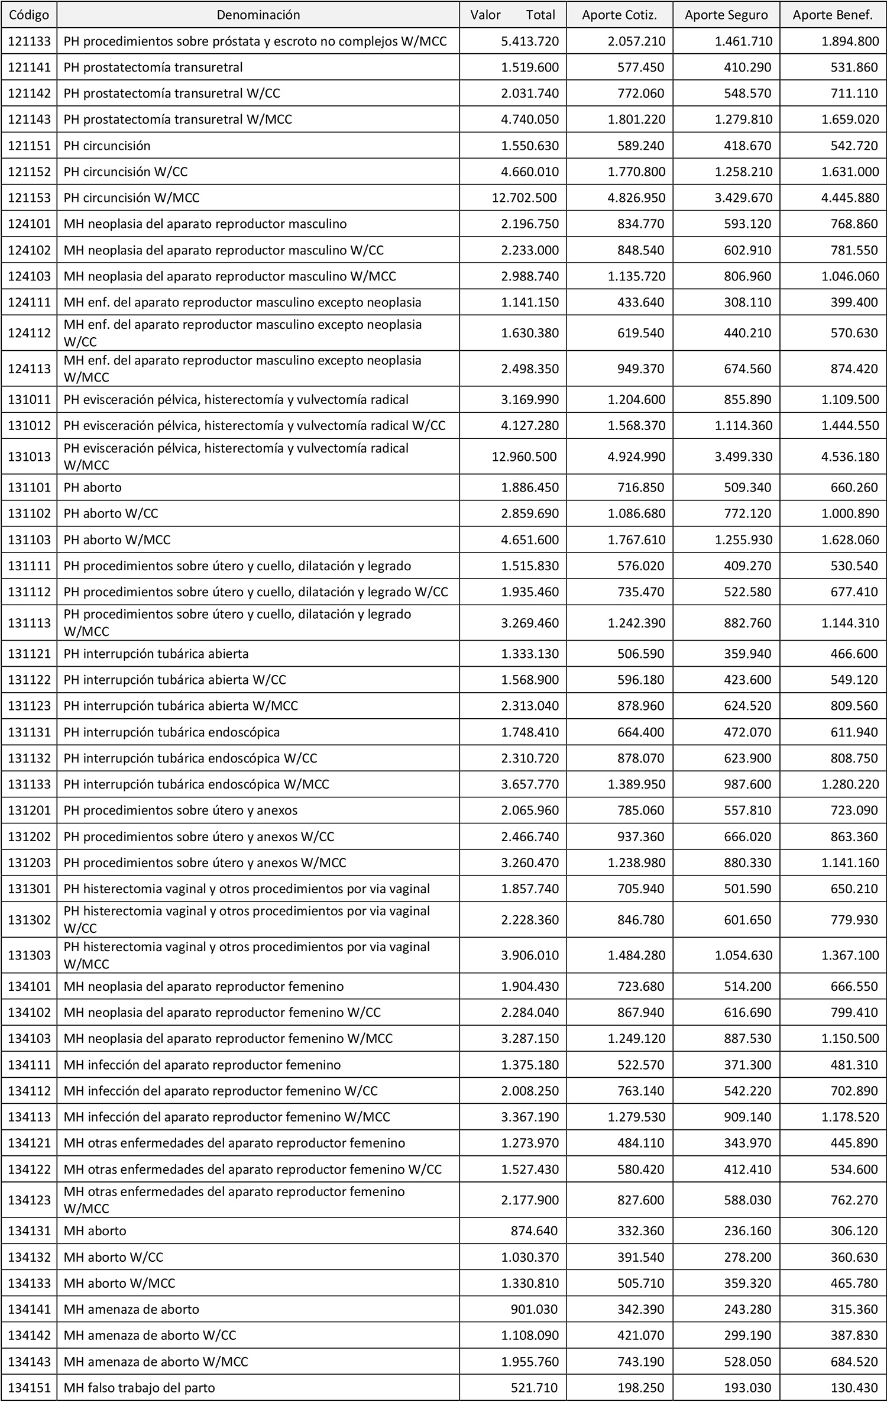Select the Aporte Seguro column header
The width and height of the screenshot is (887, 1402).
tap(726, 15)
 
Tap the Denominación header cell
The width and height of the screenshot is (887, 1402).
tap(258, 15)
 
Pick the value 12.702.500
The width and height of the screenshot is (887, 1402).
tap(524, 198)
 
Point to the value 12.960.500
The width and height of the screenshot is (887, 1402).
tap(524, 457)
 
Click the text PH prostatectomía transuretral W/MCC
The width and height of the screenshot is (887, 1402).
tap(178, 119)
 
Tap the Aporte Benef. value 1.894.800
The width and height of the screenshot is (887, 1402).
tap(849, 41)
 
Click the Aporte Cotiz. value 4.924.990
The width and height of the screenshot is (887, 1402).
tap(636, 457)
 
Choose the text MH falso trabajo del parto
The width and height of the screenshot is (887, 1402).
tap(140, 1388)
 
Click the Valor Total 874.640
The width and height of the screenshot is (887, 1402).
tap(535, 1232)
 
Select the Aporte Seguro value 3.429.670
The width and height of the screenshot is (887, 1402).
tap(743, 198)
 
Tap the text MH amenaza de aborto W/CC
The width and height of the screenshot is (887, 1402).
tap(150, 1336)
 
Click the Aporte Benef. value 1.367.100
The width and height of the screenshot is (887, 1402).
tap(849, 955)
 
